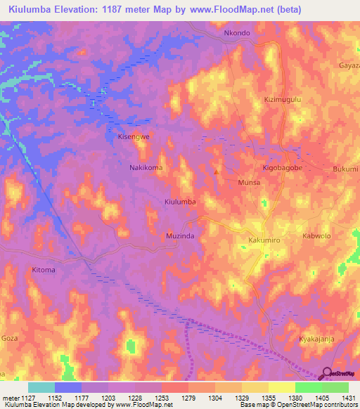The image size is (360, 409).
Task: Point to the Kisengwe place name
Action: click(x=134, y=138)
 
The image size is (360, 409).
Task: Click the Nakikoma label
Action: click(x=146, y=168)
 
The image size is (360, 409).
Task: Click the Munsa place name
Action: click(x=249, y=182)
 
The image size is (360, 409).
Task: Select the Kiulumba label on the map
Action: click(x=179, y=202)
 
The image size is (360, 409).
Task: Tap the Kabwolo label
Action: click(x=316, y=236)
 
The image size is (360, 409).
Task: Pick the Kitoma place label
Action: click(x=43, y=270)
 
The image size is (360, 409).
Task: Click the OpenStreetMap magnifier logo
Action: click(x=328, y=374)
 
